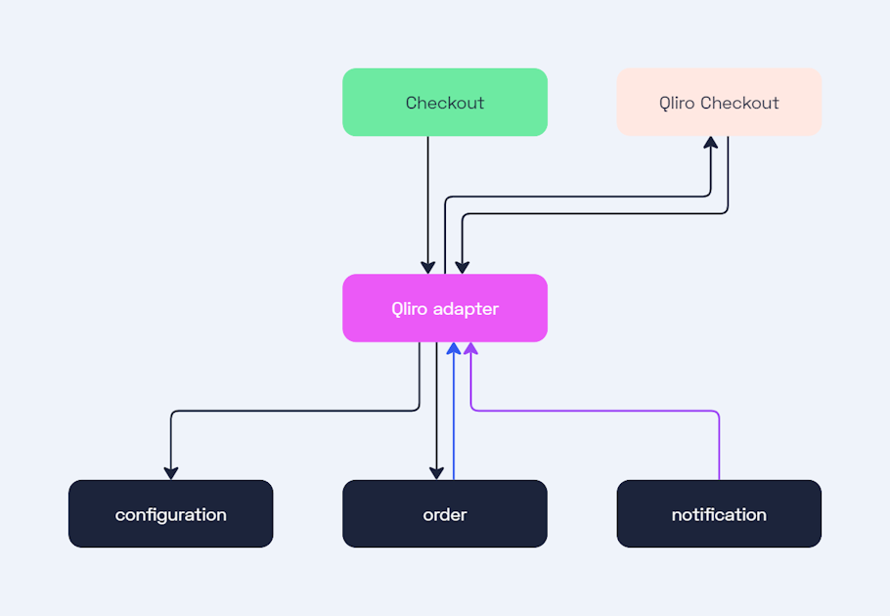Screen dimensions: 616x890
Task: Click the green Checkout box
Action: (445, 103)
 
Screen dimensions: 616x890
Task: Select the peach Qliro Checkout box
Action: (719, 103)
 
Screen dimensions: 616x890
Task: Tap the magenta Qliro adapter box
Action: (445, 308)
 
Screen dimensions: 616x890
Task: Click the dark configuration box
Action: (171, 513)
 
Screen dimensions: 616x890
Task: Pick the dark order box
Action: (445, 513)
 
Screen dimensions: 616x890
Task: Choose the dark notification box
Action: (719, 513)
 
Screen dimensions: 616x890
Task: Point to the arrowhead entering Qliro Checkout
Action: (711, 143)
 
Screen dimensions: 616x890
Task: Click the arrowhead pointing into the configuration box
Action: (171, 473)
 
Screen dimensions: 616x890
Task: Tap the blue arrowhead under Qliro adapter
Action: (454, 348)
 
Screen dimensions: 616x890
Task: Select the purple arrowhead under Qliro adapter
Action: (471, 348)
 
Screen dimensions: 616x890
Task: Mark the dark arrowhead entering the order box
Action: (437, 473)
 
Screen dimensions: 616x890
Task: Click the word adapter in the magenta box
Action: (466, 309)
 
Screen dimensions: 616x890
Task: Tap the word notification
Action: (719, 514)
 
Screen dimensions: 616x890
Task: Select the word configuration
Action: (171, 514)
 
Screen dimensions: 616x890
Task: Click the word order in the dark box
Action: (445, 514)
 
